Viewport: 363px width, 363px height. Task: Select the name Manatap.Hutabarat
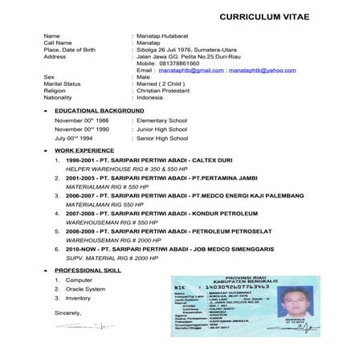(x=166, y=36)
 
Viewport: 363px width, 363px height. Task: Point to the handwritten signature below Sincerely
(x=80, y=326)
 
